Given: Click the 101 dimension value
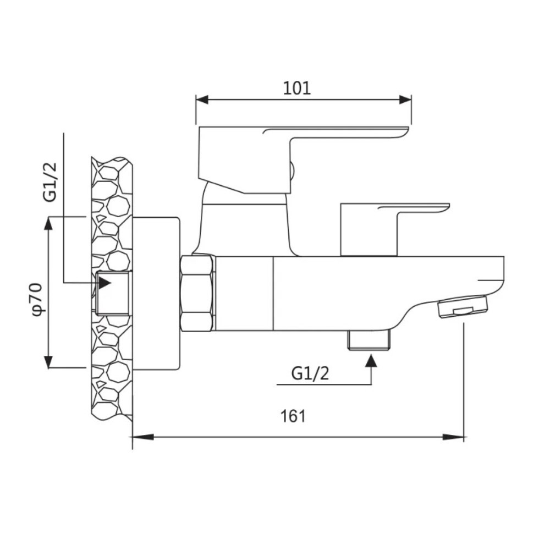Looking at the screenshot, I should click(297, 88).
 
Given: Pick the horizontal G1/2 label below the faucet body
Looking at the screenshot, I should click(310, 374).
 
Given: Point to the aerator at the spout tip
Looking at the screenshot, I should click(463, 306).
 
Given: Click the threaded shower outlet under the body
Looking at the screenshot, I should click(369, 340).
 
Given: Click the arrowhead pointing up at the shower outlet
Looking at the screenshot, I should click(371, 360).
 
